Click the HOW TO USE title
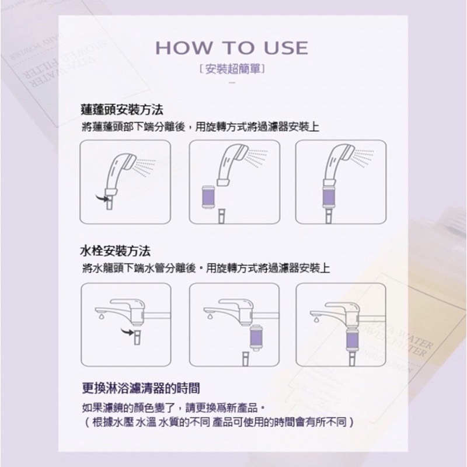click(232, 47)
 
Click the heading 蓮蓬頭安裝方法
click(122, 109)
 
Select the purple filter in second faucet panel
click(256, 338)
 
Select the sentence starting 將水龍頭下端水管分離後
click(206, 269)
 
